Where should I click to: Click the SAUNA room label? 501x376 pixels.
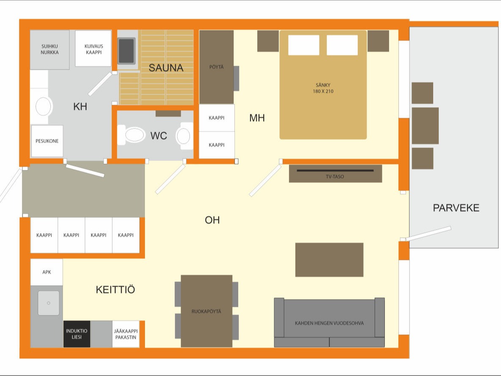point(166,68)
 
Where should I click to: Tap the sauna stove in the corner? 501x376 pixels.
point(127,51)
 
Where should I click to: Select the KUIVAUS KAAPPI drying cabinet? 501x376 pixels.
point(93,49)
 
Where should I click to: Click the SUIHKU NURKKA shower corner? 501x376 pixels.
point(50,50)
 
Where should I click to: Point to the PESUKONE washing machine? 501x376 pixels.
point(47,141)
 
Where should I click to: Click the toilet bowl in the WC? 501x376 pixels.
point(135,135)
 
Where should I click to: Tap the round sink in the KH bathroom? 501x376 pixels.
point(43,106)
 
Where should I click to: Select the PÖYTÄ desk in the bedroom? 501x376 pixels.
point(216,67)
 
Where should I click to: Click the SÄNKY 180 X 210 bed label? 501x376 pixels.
point(323,88)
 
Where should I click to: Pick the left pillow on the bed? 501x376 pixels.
point(303,45)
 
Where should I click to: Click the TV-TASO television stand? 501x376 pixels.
point(336,174)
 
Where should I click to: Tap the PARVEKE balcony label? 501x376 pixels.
point(456,208)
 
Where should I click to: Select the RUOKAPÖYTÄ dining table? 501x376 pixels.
point(206,311)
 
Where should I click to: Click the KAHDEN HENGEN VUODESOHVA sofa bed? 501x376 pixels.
point(329,322)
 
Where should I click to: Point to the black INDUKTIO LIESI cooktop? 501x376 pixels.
point(77,334)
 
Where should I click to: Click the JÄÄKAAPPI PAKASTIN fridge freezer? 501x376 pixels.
point(126,334)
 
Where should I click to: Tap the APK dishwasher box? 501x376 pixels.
point(47,272)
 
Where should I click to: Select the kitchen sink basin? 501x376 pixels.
point(49,303)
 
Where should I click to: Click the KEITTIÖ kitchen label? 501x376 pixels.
point(115,290)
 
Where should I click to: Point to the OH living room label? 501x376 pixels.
point(212,220)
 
